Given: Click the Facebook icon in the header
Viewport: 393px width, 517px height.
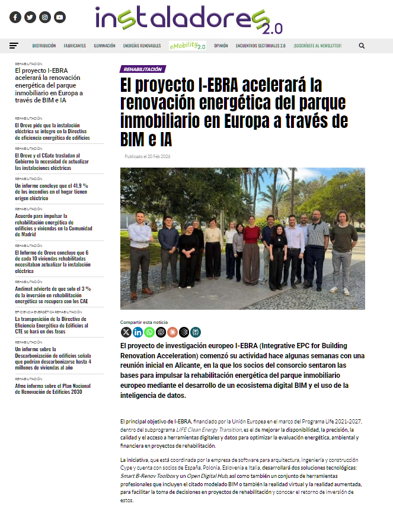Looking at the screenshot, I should [15, 17].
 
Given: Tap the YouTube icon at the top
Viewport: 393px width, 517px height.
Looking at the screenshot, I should [60, 17].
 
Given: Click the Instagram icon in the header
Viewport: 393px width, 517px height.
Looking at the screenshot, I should [45, 17].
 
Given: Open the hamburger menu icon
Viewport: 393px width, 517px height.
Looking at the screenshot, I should [14, 46].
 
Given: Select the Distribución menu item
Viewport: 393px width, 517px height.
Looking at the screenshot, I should [44, 46].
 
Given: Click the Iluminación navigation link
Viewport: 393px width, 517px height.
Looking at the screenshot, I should [104, 46].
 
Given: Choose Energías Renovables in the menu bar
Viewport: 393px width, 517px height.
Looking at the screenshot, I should [142, 46].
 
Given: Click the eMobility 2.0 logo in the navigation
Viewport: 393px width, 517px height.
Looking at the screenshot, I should [187, 46].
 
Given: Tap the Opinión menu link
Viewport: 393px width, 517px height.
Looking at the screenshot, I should [221, 46].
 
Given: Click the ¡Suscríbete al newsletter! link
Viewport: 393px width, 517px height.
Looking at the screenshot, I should [317, 46].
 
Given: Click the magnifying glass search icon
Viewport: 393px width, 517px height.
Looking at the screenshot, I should [362, 46].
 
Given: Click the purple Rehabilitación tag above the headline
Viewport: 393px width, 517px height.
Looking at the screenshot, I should [143, 69].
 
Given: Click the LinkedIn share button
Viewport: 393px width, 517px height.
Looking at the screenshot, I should [138, 332].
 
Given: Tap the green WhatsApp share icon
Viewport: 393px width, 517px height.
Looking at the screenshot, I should [149, 332].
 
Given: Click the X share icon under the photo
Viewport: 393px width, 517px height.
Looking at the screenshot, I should [126, 332].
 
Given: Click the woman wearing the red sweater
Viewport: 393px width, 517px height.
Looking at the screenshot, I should [251, 249].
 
